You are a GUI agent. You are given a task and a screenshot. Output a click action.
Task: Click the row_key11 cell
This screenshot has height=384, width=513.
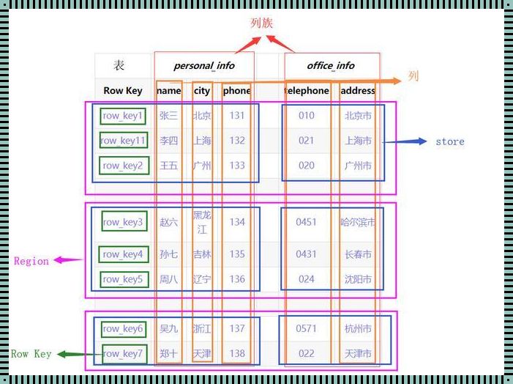[x=123, y=140]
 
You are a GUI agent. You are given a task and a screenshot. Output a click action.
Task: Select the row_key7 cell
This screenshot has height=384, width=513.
[x=123, y=354]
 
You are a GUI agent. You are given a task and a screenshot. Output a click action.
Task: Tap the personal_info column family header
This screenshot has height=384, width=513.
[x=204, y=65]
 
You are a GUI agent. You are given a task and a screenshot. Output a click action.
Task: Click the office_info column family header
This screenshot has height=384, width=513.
[x=331, y=65]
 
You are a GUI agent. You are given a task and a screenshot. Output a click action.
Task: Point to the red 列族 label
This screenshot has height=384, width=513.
[x=261, y=23]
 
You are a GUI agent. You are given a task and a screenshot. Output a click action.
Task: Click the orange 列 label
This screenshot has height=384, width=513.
[x=413, y=76]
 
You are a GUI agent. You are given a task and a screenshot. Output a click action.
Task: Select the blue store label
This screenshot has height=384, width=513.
[x=449, y=141]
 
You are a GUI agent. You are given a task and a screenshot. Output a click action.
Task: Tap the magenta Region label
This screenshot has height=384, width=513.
[x=31, y=261]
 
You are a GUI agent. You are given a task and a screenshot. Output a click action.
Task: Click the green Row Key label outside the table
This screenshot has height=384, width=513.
[x=31, y=354]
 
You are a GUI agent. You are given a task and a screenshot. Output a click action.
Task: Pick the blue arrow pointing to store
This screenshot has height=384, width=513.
[x=406, y=141]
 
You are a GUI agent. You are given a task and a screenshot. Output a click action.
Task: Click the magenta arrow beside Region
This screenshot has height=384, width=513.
[x=68, y=259]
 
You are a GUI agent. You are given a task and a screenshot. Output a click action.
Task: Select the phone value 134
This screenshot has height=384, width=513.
[x=236, y=221]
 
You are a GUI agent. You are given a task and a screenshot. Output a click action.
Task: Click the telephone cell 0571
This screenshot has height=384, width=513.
[x=306, y=329]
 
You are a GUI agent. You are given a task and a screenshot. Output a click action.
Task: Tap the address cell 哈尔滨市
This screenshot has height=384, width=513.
[x=358, y=221]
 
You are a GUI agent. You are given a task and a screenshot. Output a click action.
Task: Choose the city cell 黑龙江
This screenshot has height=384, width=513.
[x=201, y=222]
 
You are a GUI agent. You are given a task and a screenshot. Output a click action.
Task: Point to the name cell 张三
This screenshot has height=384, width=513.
[x=168, y=115]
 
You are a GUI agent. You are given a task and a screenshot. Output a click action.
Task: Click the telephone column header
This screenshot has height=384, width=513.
[x=307, y=91]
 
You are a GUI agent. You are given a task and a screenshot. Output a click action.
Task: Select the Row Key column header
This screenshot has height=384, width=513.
[x=123, y=91]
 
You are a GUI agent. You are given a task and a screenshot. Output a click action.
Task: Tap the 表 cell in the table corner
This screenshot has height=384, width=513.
[x=119, y=65]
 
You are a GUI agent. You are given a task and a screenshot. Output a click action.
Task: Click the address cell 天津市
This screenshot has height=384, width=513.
[x=358, y=354]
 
